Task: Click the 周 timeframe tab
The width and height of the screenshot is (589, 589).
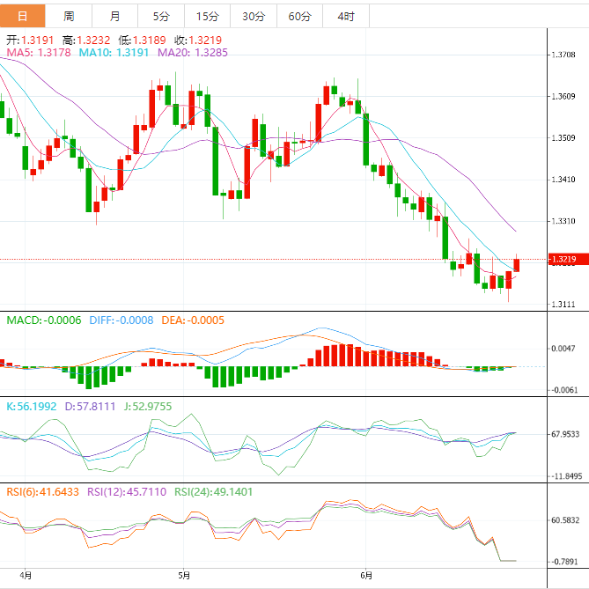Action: pos(69,16)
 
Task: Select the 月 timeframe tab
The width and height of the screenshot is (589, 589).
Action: pos(115,16)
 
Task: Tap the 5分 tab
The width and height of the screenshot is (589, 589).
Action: pos(162,16)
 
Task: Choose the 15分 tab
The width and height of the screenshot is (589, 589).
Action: pos(207,16)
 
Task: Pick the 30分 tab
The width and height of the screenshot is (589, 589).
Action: pos(253,16)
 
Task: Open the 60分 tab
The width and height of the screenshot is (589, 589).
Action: pos(299,16)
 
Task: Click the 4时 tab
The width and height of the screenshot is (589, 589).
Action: pos(345,16)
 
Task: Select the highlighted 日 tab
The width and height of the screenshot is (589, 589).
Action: pos(23,16)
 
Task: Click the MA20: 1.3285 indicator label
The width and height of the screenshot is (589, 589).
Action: pos(193,53)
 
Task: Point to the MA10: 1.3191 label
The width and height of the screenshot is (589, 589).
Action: pos(114,53)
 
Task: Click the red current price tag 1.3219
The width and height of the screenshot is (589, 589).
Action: pos(563,260)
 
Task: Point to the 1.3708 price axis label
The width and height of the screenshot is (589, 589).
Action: pos(563,55)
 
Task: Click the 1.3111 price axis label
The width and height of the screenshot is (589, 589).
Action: pos(563,305)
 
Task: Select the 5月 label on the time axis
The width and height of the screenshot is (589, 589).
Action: pos(184,576)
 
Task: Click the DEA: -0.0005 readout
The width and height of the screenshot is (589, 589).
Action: pos(193,320)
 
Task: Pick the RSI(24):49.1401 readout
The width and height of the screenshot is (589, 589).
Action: pos(213,492)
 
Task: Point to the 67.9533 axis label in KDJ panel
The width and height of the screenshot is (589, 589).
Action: pos(564,433)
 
